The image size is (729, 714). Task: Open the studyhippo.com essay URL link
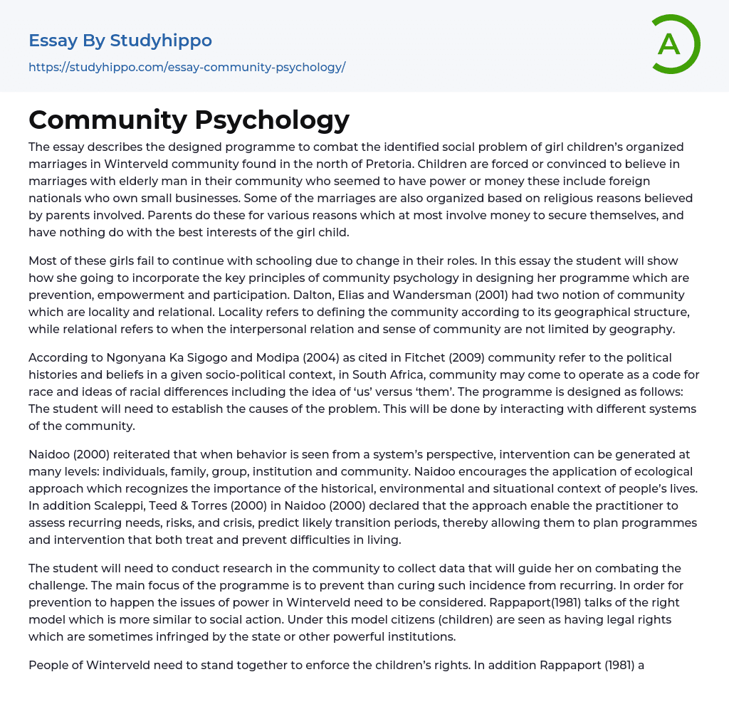tap(187, 68)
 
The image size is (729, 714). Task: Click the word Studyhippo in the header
tap(161, 41)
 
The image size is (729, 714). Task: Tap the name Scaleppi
tap(111, 505)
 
